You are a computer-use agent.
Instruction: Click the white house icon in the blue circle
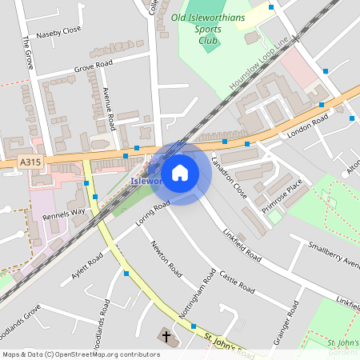point(180,172)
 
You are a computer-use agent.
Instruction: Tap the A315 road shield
point(30,162)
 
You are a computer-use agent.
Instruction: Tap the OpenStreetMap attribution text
point(81,354)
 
